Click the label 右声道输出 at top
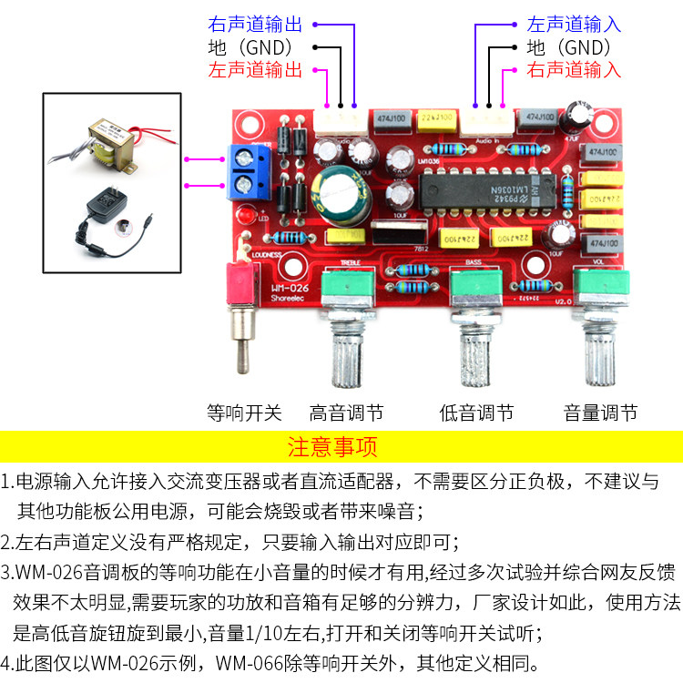tap(255, 25)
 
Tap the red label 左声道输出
tap(255, 69)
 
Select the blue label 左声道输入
tap(574, 25)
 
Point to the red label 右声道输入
tap(574, 69)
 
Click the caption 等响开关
tap(245, 413)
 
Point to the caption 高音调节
tap(347, 413)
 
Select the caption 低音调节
tap(476, 413)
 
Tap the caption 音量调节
tap(600, 413)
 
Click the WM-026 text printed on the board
tap(290, 291)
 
